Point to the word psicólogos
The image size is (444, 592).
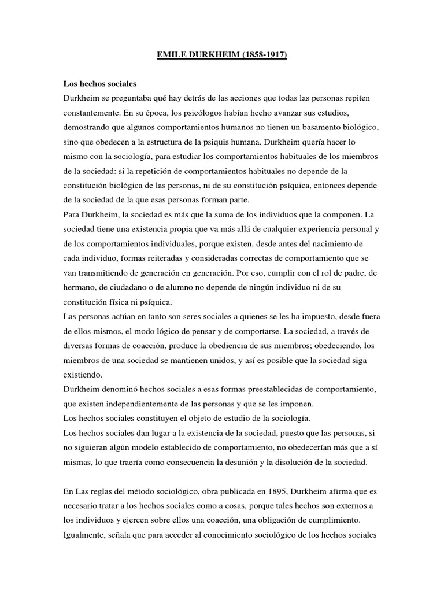coord(206,111)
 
